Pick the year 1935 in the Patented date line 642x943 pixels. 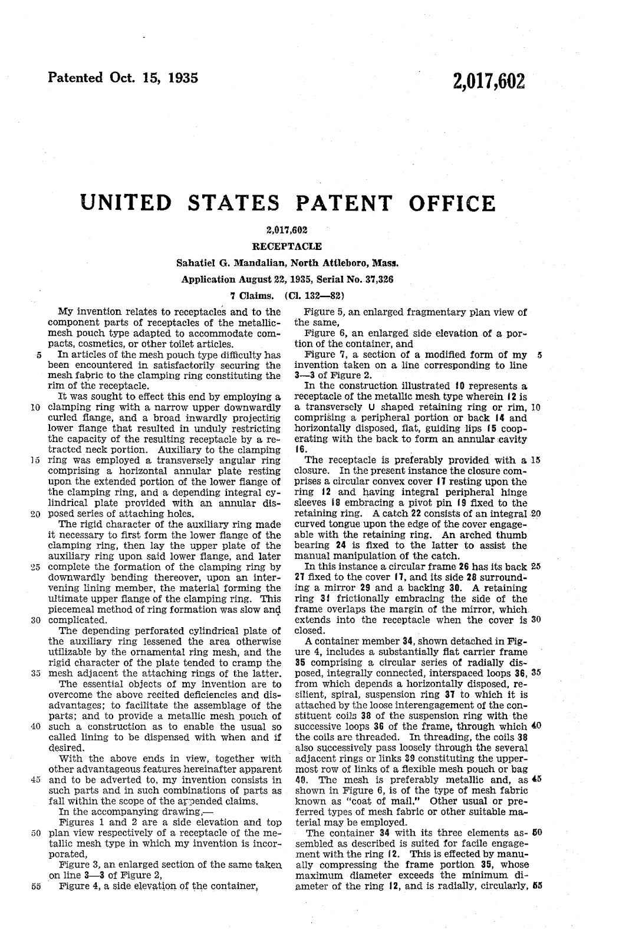click(x=179, y=78)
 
